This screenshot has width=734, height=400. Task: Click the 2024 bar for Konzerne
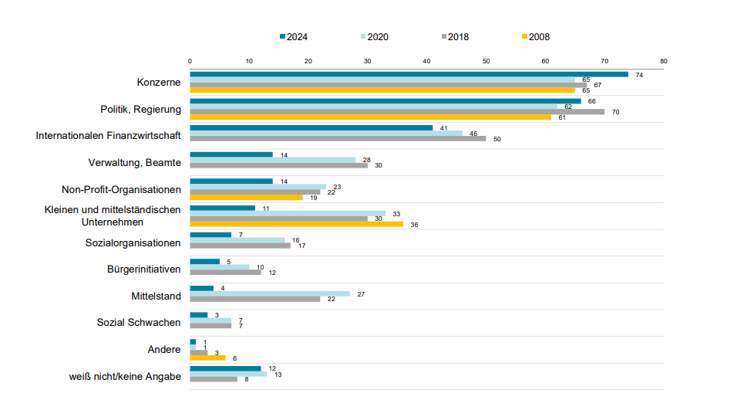(x=409, y=74)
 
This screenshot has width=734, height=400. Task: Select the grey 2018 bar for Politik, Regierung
(x=397, y=112)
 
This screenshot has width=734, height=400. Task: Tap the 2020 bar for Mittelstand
(x=270, y=293)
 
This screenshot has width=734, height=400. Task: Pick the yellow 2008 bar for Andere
(x=207, y=358)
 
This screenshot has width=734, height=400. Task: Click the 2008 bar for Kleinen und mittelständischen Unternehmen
(x=296, y=224)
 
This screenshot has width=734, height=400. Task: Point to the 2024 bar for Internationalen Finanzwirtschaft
(x=311, y=127)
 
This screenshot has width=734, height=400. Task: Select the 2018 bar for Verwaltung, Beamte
(x=278, y=165)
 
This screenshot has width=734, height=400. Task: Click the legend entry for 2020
(x=375, y=36)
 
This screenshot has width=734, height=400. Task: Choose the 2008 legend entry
(x=536, y=36)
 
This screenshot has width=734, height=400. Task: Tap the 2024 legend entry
(x=294, y=36)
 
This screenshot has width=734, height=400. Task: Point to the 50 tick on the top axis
(x=486, y=61)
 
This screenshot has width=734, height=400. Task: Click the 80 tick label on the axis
(x=664, y=61)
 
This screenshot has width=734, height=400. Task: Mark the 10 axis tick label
(x=249, y=61)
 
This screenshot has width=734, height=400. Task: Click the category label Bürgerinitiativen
(x=143, y=269)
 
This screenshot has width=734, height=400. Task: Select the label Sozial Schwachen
(x=139, y=322)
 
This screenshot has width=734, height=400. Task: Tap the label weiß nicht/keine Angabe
(x=125, y=376)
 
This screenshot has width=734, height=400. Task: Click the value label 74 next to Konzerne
(x=639, y=75)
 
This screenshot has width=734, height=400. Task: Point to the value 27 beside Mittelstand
(x=361, y=294)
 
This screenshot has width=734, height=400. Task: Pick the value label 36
(x=414, y=225)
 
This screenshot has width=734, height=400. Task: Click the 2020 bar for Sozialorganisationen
(x=237, y=240)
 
